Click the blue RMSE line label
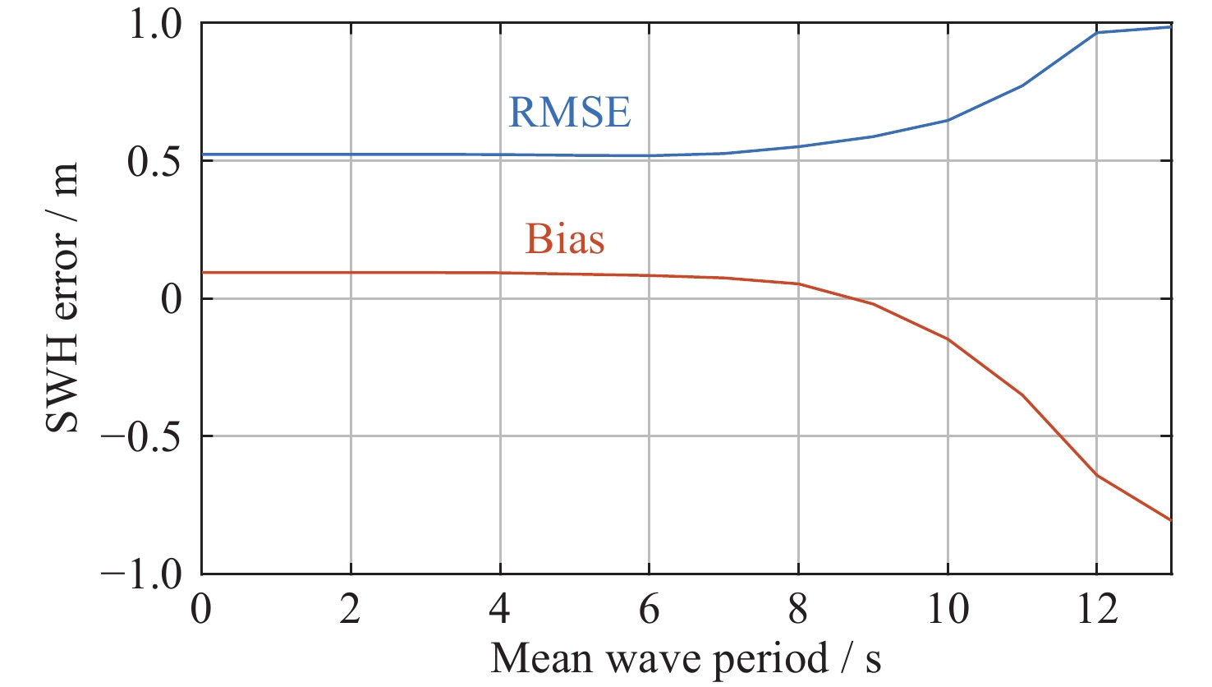pos(570,113)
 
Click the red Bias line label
pos(565,239)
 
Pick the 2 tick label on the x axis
pos(351,611)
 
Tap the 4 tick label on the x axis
pos(500,611)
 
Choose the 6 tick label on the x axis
pos(649,611)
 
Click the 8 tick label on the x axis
pos(798,611)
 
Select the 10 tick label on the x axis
pos(947,611)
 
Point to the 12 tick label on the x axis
pos(1096,611)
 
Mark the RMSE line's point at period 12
pos(1096,33)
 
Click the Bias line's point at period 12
pos(1096,475)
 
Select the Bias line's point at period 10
pos(948,339)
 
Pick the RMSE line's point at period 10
pos(948,120)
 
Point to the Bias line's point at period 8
pos(798,284)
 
